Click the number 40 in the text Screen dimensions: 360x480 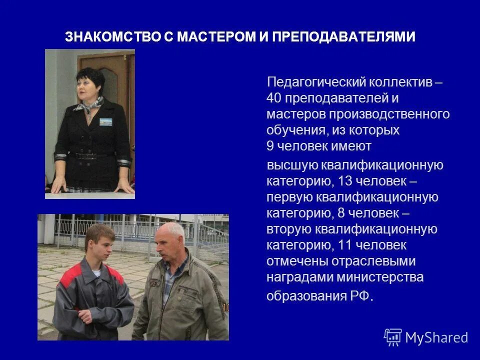tap(274, 98)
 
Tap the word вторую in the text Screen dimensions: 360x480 tap(289, 229)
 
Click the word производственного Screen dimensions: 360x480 tap(389, 114)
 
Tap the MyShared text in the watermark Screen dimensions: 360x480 tap(436, 338)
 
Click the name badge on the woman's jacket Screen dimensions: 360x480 tap(105, 122)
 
